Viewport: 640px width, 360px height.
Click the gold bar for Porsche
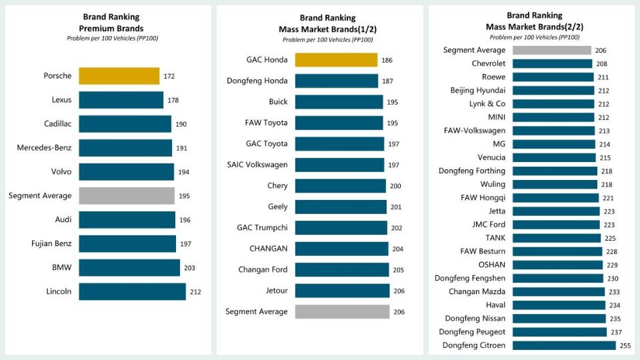point(119,76)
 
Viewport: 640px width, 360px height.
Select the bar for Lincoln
point(132,291)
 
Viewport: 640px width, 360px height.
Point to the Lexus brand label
point(61,100)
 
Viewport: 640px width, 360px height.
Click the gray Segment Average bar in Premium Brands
point(127,195)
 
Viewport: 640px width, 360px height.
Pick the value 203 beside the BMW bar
point(189,267)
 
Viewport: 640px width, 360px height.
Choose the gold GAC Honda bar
point(336,60)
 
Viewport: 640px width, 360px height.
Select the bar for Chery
point(340,185)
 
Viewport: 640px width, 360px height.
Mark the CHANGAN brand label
point(269,249)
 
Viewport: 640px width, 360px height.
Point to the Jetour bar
point(342,291)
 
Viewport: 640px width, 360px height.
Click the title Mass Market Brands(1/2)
point(327,29)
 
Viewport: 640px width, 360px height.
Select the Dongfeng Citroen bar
point(564,345)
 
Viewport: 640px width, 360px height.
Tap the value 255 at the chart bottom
point(625,345)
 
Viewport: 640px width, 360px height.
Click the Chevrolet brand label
point(488,63)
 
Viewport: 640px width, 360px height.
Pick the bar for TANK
point(557,238)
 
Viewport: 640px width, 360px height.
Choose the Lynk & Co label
point(487,104)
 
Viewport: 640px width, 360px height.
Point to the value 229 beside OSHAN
point(611,265)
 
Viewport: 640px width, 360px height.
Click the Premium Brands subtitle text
point(112,28)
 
